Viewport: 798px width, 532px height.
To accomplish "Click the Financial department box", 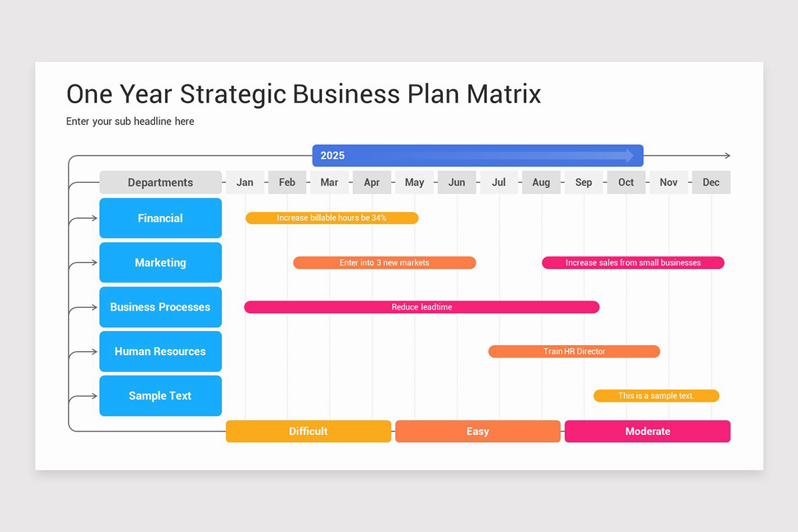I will [x=160, y=218].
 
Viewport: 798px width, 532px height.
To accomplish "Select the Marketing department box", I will [x=160, y=263].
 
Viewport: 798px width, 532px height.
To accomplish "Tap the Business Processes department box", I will [x=160, y=307].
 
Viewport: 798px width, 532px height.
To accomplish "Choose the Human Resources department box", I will [x=160, y=351].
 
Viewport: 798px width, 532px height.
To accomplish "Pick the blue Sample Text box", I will [x=160, y=396].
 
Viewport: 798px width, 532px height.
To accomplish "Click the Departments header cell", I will [x=160, y=182].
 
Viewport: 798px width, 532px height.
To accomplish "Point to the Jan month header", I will [x=245, y=182].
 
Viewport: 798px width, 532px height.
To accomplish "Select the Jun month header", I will [x=457, y=182].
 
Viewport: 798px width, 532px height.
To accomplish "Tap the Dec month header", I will [x=711, y=182].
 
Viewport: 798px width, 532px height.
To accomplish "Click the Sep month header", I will [x=584, y=182].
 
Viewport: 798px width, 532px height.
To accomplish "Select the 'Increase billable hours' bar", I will [x=332, y=218].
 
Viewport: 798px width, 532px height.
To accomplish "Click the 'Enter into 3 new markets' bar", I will [x=384, y=263].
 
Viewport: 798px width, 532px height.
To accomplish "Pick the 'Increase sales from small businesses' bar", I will [x=633, y=263].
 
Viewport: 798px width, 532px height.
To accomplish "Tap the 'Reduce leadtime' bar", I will [x=422, y=307].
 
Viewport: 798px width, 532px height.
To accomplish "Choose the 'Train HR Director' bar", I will [x=574, y=351].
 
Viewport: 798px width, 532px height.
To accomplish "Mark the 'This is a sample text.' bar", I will [x=656, y=396].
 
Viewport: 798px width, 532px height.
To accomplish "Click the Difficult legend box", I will [x=309, y=432].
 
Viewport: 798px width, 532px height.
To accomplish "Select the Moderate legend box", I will [x=648, y=432].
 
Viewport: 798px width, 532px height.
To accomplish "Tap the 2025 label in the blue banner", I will [x=332, y=156].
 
